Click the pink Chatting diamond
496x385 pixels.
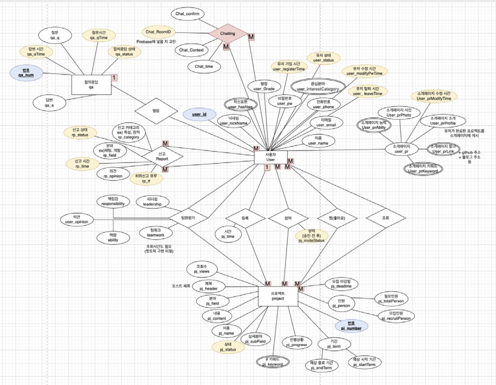pos(228,33)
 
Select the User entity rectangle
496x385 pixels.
pos(271,157)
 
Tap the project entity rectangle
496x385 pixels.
pos(278,296)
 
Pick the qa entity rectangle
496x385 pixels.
pos(91,85)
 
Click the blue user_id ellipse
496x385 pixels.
pos(199,114)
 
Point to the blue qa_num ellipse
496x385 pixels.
pos(26,73)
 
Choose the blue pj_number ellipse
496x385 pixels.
pos(351,326)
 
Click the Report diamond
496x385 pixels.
pos(162,156)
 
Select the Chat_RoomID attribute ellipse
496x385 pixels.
pos(158,32)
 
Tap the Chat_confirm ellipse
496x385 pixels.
pos(187,14)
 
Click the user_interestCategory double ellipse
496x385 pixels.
pos(318,86)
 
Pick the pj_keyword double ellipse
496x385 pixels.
pos(272,362)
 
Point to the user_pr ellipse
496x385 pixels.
pos(402,149)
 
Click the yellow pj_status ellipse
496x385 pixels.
pos(228,347)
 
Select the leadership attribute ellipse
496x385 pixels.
pos(152,202)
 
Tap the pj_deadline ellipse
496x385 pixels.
pos(341,284)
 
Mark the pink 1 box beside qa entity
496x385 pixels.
pos(114,78)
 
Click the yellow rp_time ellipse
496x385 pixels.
pos(82,164)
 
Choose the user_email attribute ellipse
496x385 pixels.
pos(326,122)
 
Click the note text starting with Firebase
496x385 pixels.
pos(156,42)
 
